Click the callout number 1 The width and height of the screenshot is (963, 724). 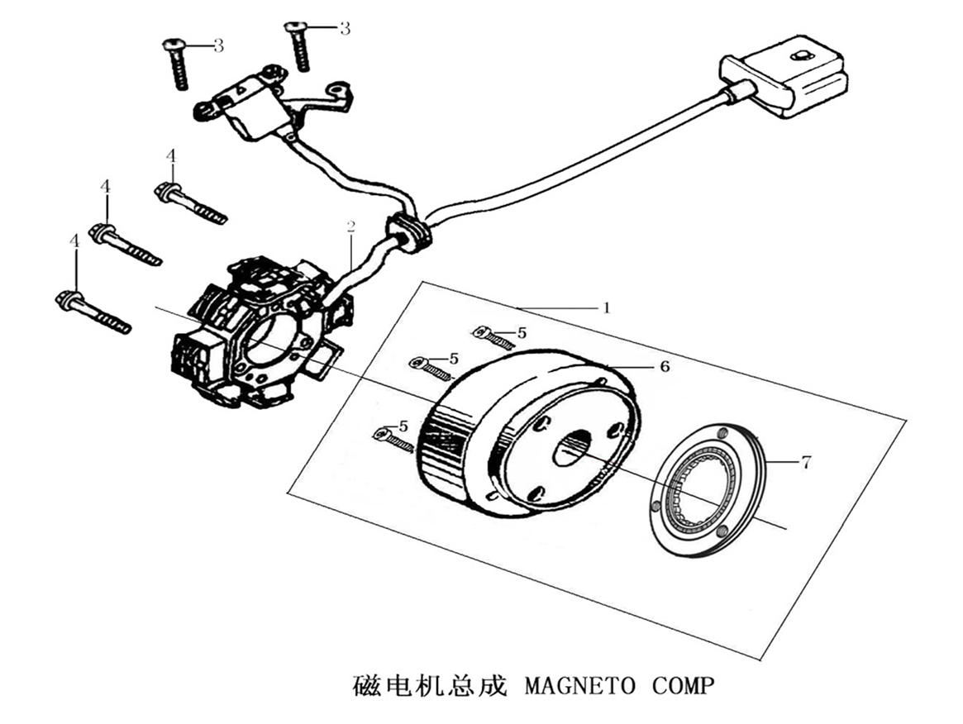(x=607, y=308)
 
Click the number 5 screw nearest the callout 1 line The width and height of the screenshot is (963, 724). (x=494, y=336)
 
